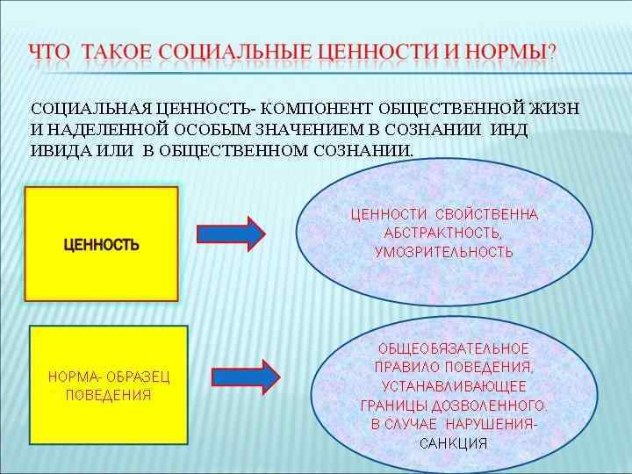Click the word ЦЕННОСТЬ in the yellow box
click(102, 245)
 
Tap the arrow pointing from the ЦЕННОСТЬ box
click(230, 233)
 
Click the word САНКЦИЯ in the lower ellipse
click(453, 443)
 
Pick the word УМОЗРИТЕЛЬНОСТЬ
click(443, 252)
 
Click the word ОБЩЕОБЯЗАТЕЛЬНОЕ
click(453, 349)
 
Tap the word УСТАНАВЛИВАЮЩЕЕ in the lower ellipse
click(453, 387)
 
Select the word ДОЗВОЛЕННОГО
click(498, 406)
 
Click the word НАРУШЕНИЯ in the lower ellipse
click(500, 425)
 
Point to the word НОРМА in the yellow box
click(68, 377)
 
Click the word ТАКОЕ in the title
click(115, 52)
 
